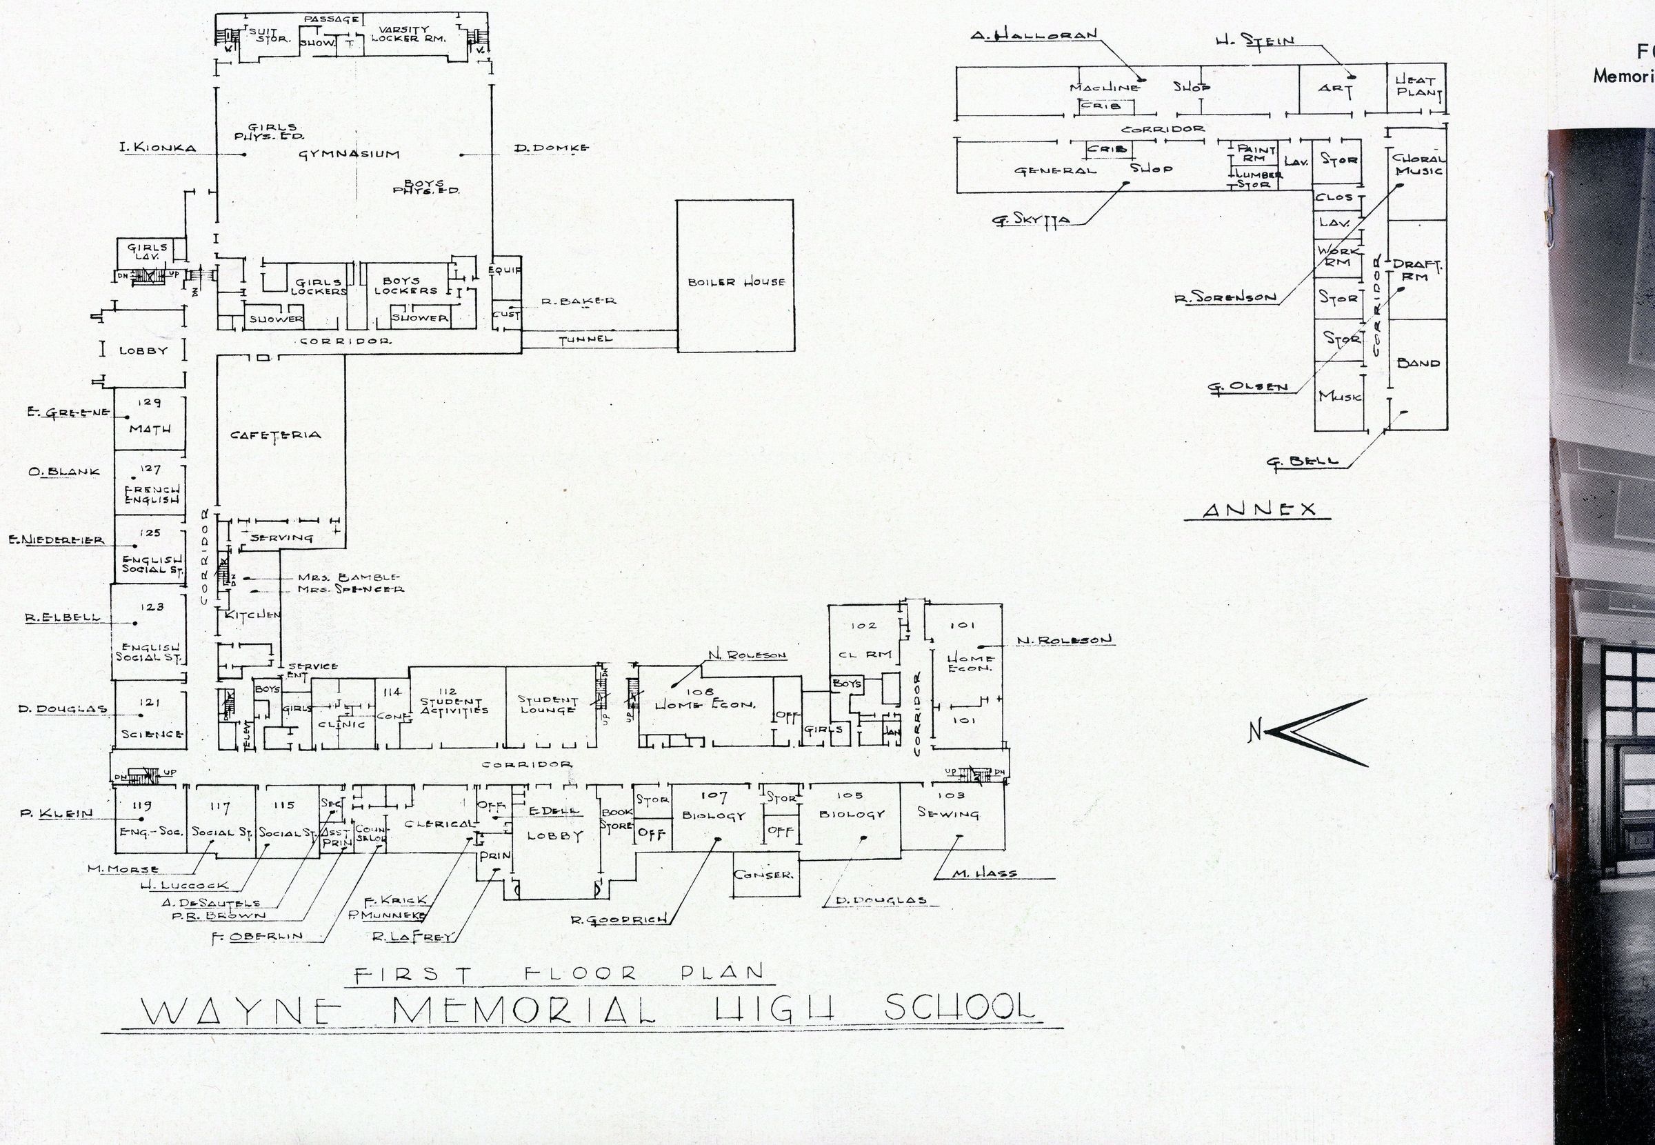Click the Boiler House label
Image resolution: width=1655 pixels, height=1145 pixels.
click(x=736, y=282)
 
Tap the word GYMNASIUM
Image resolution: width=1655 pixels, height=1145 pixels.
click(x=349, y=154)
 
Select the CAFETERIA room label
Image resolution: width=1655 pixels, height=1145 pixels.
click(x=276, y=435)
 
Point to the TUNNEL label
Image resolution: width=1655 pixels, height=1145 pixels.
click(x=586, y=339)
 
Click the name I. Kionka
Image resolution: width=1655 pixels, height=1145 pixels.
click(x=158, y=148)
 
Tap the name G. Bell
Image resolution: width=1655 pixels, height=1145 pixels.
click(x=1302, y=461)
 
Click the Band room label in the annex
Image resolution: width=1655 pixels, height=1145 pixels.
click(x=1418, y=363)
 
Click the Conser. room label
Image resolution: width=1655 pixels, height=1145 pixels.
click(x=763, y=875)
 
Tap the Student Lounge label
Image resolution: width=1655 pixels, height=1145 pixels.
click(x=548, y=704)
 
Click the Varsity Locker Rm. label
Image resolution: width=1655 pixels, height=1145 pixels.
click(x=408, y=34)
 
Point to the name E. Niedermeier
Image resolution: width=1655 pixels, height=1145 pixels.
click(x=57, y=540)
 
